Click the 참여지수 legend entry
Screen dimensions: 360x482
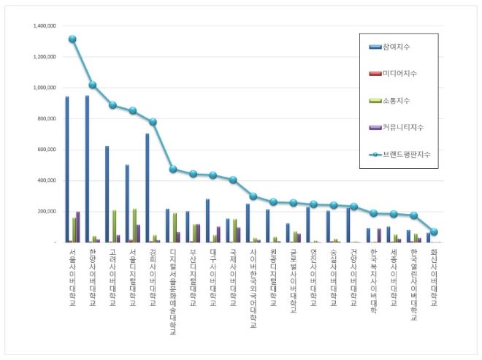pos(394,47)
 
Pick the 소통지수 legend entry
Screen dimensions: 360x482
pos(394,100)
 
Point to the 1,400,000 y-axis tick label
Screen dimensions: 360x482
pos(45,26)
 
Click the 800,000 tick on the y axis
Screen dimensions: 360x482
pos(47,119)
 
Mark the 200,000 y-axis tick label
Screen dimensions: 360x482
pos(47,212)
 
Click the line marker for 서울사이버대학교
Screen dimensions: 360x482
pos(72,39)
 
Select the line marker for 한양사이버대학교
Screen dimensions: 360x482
pos(93,85)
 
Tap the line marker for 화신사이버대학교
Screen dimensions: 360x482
pos(434,231)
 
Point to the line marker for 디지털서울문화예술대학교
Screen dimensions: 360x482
pos(173,169)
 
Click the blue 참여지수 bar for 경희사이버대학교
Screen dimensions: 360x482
pos(148,188)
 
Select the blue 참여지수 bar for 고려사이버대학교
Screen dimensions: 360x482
pos(107,194)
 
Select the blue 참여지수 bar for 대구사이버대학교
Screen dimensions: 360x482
pos(207,221)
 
